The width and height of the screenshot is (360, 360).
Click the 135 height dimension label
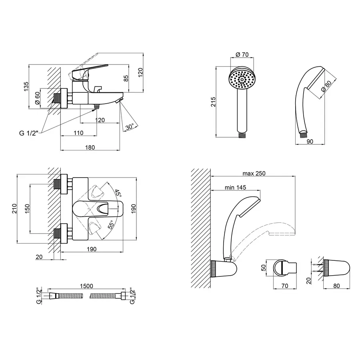(26, 86)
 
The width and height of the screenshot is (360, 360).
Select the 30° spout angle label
(129, 127)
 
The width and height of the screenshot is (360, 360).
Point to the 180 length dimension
(90, 147)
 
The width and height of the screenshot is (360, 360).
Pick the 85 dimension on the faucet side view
(126, 79)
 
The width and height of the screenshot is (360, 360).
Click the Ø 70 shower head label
(242, 54)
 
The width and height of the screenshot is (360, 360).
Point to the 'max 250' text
(254, 173)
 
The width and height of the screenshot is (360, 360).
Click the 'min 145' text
(235, 187)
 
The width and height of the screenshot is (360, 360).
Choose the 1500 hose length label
(86, 286)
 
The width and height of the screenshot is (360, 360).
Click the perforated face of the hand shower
(241, 80)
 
